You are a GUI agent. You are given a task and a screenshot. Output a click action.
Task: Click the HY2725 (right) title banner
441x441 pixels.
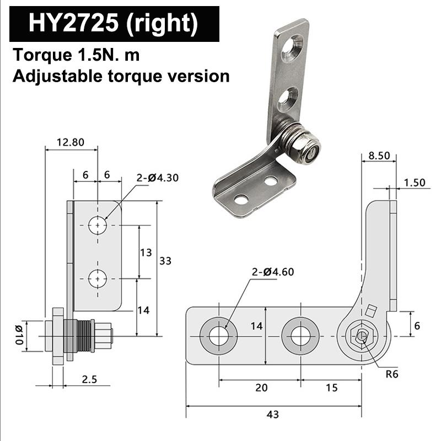114,24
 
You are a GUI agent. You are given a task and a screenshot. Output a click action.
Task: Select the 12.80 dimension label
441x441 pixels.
71,142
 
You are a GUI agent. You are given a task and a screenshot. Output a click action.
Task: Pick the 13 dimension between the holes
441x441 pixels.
146,252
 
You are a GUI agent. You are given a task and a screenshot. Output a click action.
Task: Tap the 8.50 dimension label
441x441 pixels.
379,156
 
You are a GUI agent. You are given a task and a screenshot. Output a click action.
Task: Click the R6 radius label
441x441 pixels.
392,374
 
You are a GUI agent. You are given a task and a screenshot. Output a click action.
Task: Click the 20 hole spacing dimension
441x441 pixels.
261,388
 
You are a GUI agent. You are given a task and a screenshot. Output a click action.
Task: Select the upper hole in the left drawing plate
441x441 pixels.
98,225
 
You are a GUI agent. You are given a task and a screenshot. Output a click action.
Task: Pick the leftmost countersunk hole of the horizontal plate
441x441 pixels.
218,336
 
